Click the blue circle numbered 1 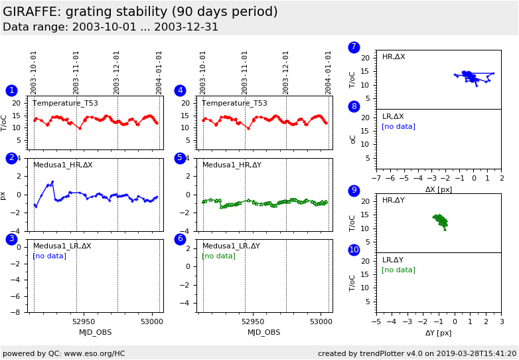pos(11,90)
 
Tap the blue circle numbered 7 pos(354,47)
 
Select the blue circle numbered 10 pos(354,250)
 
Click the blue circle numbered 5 pos(180,158)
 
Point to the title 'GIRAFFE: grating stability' pos(140,12)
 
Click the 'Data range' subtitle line pos(110,27)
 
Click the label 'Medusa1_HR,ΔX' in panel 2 pos(63,165)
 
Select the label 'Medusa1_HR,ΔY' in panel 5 pos(232,165)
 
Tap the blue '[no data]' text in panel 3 pos(49,256)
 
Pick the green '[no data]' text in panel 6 pos(218,256)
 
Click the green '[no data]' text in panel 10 pos(398,270)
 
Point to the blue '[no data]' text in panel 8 pos(398,126)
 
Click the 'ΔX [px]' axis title pos(439,189)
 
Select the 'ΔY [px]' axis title pos(439,333)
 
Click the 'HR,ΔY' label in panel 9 pos(394,201)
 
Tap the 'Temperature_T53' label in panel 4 pos(234,103)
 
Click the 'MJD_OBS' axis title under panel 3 pos(96,332)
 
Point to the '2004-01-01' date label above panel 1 pos(159,72)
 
